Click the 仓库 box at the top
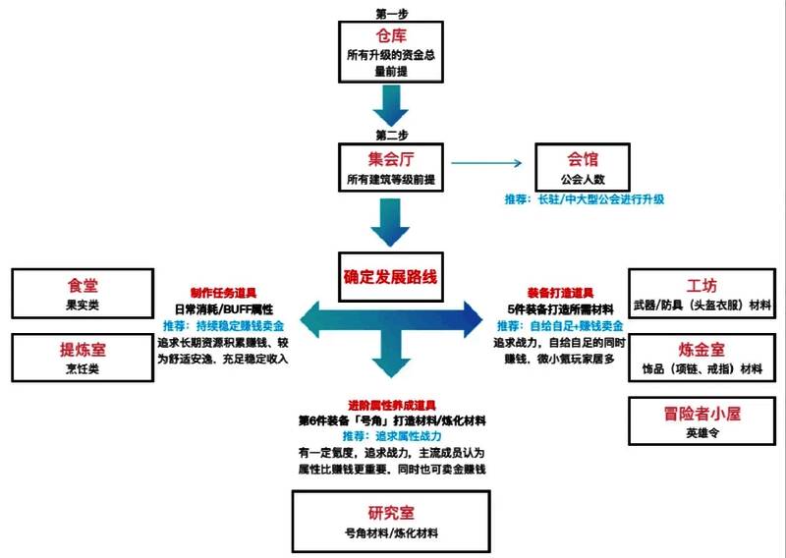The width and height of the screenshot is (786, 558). [x=390, y=51]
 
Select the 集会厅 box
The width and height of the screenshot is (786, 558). [x=390, y=168]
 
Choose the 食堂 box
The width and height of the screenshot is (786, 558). [x=83, y=295]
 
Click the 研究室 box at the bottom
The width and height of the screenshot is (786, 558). [x=390, y=521]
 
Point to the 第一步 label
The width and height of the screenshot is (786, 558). [x=390, y=12]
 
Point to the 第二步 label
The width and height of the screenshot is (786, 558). [x=390, y=133]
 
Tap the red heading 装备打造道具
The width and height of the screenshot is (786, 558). [x=560, y=293]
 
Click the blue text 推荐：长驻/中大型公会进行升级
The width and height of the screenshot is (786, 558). [x=585, y=199]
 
